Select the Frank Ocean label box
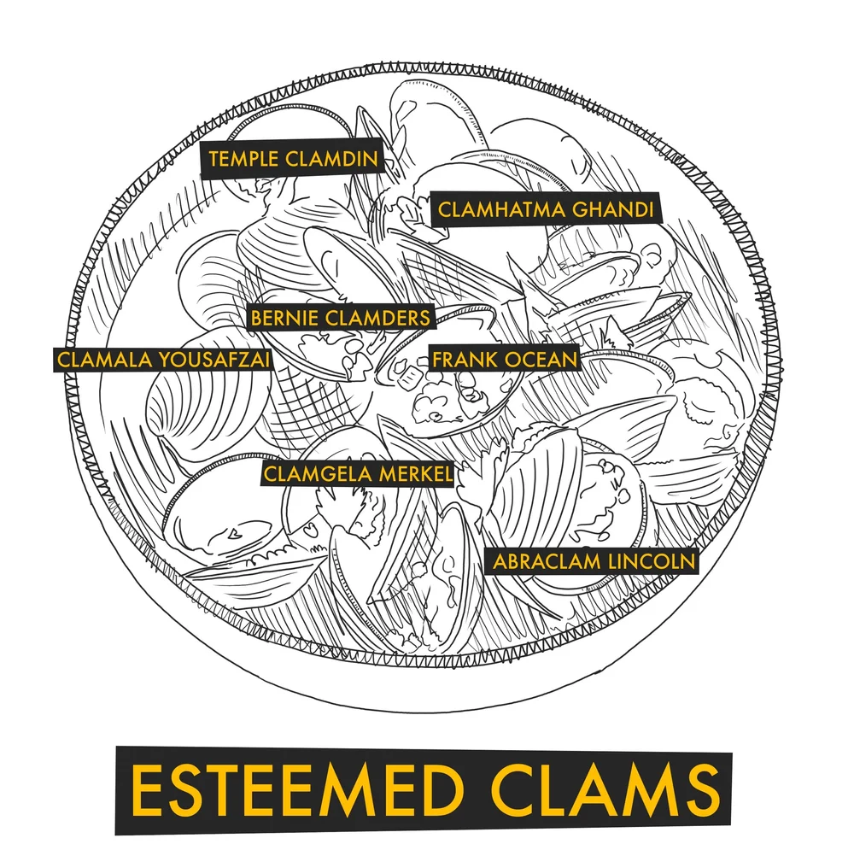click(504, 359)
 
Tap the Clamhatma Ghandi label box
click(547, 209)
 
